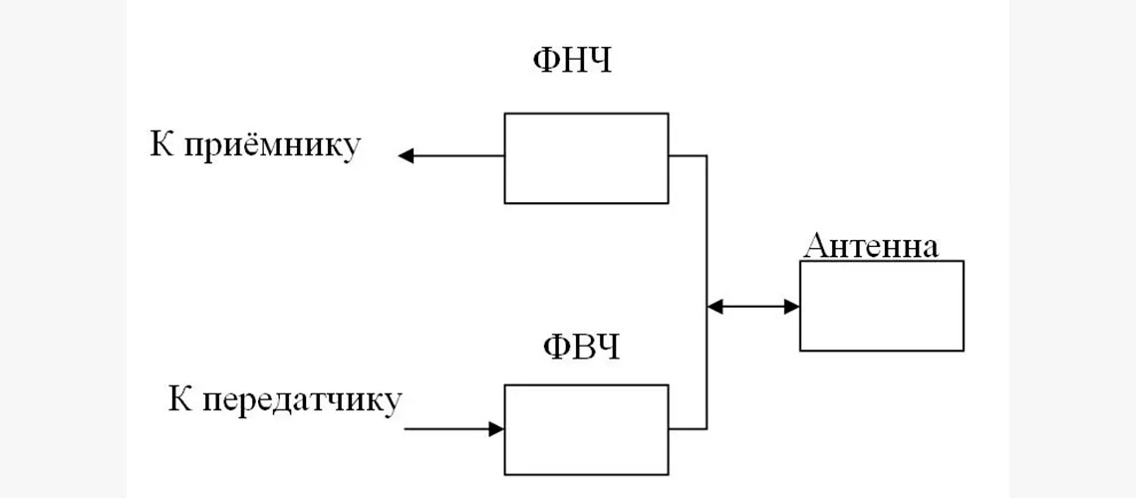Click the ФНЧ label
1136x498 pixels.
pos(571,61)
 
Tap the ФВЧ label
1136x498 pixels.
pos(581,348)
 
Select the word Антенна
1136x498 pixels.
pos(871,246)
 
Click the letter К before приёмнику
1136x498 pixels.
pos(162,144)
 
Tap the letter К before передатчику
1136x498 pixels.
pos(180,399)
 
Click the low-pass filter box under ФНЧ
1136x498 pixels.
pos(586,158)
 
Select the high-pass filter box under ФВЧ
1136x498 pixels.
pos(586,429)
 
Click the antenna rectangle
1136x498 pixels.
pos(881,306)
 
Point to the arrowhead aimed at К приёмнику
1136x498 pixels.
pos(406,155)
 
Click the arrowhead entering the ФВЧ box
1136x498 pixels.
pos(496,429)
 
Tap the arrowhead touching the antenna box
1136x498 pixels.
pos(792,306)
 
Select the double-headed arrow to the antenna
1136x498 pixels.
pos(753,306)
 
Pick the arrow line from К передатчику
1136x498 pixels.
pos(448,429)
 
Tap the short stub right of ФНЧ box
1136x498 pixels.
pos(688,155)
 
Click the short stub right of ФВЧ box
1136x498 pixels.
pos(688,429)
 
